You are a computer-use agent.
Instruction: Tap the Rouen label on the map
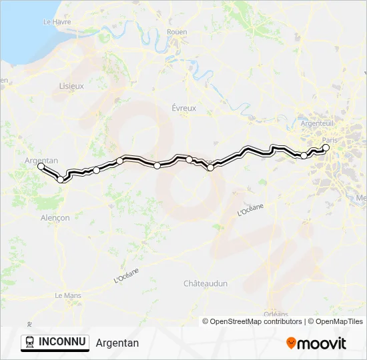click(x=177, y=32)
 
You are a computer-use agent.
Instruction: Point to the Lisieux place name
click(x=71, y=86)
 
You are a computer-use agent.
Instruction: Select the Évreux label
click(x=183, y=108)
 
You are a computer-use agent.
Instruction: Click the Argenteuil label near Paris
click(x=317, y=124)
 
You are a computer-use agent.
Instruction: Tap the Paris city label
click(x=330, y=140)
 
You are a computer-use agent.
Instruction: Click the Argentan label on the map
click(x=41, y=161)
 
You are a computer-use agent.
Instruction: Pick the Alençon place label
click(x=55, y=218)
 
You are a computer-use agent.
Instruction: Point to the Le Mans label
click(x=67, y=295)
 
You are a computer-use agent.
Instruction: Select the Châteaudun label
click(x=206, y=283)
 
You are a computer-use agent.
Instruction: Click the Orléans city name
click(x=276, y=314)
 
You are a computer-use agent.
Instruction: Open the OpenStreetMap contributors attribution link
click(x=256, y=321)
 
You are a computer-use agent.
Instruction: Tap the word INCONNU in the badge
click(x=63, y=342)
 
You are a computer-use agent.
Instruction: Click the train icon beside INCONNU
click(x=30, y=343)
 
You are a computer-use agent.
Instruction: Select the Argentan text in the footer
click(x=117, y=343)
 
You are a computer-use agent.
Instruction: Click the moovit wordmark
click(x=322, y=343)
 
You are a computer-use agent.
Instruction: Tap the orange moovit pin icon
click(x=292, y=343)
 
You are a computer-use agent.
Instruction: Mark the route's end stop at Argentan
click(x=41, y=167)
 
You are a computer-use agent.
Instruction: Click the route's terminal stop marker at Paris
click(x=326, y=148)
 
